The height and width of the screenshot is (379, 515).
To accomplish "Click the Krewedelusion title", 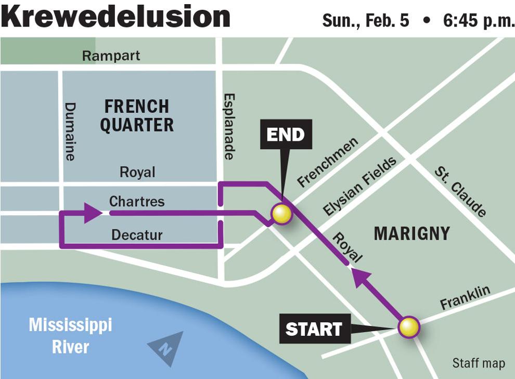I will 115,17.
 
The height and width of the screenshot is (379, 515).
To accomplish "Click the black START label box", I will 313,329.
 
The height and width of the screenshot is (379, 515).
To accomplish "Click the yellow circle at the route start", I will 409,327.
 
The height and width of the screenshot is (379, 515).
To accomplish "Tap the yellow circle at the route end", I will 281,214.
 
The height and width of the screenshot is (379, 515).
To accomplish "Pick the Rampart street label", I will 111,56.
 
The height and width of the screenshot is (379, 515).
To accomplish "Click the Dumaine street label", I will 70,131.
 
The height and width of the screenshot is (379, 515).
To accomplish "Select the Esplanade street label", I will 229,126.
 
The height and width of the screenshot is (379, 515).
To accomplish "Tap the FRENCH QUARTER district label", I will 137,116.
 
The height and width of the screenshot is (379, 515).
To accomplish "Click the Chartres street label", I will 137,201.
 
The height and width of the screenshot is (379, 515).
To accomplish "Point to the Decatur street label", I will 137,235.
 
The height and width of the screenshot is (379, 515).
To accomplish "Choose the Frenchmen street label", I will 328,162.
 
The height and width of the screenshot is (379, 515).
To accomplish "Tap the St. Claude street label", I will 460,191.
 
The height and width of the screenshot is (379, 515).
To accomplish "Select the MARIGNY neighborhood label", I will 411,234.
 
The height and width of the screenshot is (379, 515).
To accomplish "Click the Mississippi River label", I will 70,336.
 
